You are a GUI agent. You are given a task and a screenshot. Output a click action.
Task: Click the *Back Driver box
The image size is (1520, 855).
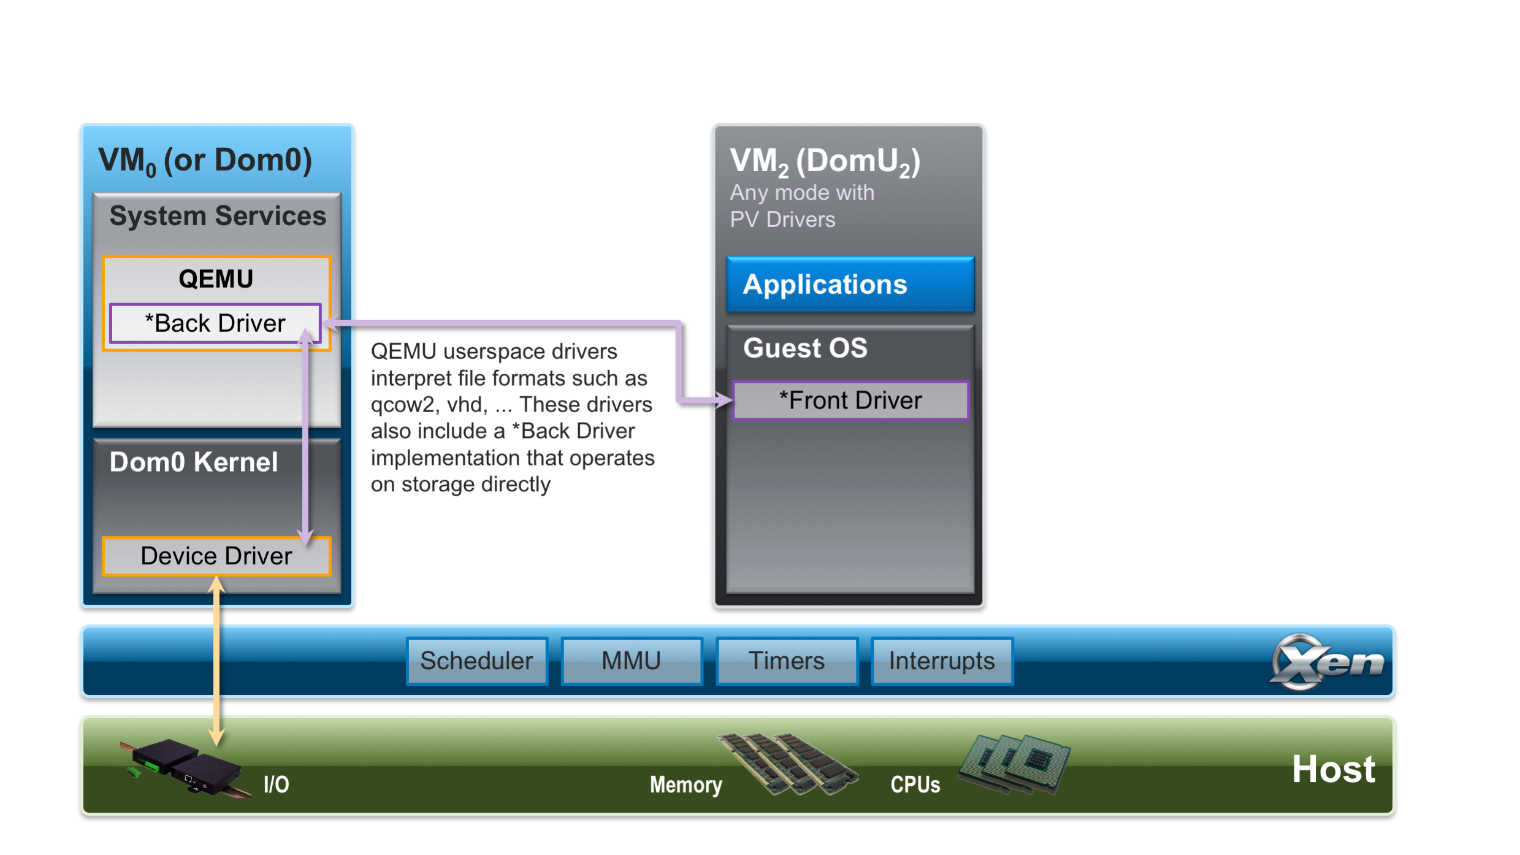(x=215, y=323)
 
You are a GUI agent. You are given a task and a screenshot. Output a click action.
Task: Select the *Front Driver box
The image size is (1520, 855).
(x=850, y=401)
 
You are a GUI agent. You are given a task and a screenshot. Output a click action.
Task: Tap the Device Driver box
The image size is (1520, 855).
(x=216, y=556)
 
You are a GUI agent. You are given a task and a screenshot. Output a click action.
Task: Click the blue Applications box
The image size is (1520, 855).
(x=850, y=285)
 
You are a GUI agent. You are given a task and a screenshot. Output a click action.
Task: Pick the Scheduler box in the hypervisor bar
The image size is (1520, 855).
(x=476, y=661)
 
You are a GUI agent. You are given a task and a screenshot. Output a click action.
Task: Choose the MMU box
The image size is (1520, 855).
(x=632, y=661)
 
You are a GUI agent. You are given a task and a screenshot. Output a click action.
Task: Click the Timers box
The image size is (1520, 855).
(x=787, y=661)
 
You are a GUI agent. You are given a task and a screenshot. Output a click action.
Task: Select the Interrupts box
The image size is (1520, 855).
(x=942, y=661)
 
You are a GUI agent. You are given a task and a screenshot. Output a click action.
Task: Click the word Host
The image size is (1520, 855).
(x=1333, y=769)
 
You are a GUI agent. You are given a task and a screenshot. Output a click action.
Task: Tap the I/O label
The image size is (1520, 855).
(x=276, y=784)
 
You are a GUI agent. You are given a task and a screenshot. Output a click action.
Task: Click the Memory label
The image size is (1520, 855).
(x=686, y=785)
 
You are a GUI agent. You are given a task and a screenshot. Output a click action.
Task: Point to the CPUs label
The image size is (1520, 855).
(x=915, y=785)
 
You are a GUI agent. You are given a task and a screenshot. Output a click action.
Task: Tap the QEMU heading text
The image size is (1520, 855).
(x=216, y=279)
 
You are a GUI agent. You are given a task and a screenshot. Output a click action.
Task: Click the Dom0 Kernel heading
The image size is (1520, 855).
(x=193, y=462)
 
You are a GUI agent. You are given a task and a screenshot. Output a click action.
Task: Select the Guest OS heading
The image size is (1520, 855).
(x=805, y=348)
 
